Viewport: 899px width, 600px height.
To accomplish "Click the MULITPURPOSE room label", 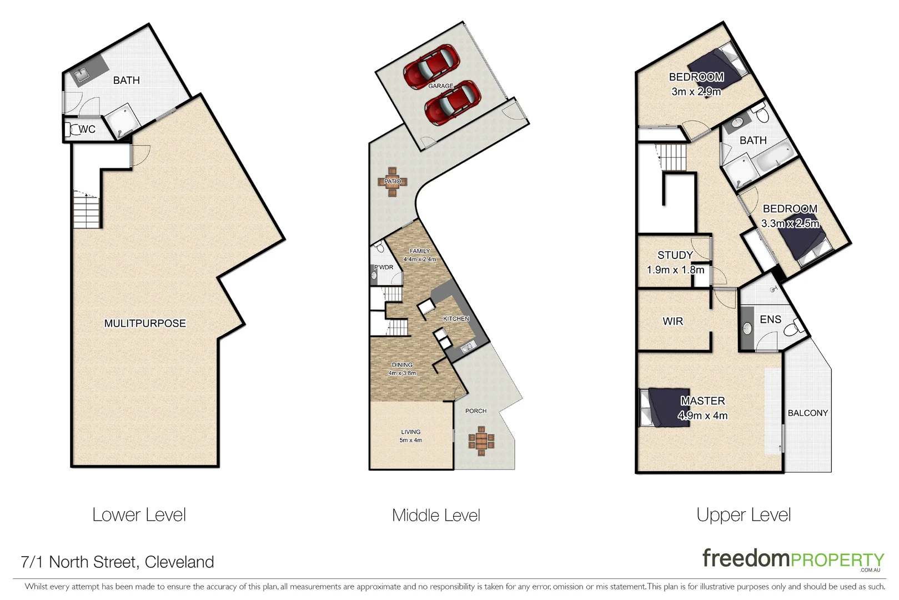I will [x=145, y=323].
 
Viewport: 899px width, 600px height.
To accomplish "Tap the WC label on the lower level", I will [x=87, y=129].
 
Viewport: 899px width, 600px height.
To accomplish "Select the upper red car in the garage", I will [x=432, y=67].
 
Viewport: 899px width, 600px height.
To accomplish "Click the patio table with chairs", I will [x=393, y=182].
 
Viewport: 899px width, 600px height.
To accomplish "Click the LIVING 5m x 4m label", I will [x=411, y=436].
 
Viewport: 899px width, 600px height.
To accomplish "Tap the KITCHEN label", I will [x=456, y=319].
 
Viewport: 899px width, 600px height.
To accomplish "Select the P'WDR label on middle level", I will [x=384, y=267].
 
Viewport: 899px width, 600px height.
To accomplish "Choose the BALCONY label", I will [x=807, y=413].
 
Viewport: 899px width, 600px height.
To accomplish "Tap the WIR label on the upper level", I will [x=672, y=321].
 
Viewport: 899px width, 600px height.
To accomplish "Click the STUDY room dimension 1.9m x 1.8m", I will [x=675, y=270].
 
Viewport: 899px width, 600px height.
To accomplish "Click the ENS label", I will [x=770, y=319].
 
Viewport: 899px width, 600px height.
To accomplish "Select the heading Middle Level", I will [x=436, y=515].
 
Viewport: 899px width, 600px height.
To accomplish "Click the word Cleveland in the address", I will [x=179, y=562].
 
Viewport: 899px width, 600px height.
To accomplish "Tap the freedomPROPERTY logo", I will [x=793, y=558].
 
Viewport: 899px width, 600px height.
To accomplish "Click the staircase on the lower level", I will [x=86, y=210].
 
